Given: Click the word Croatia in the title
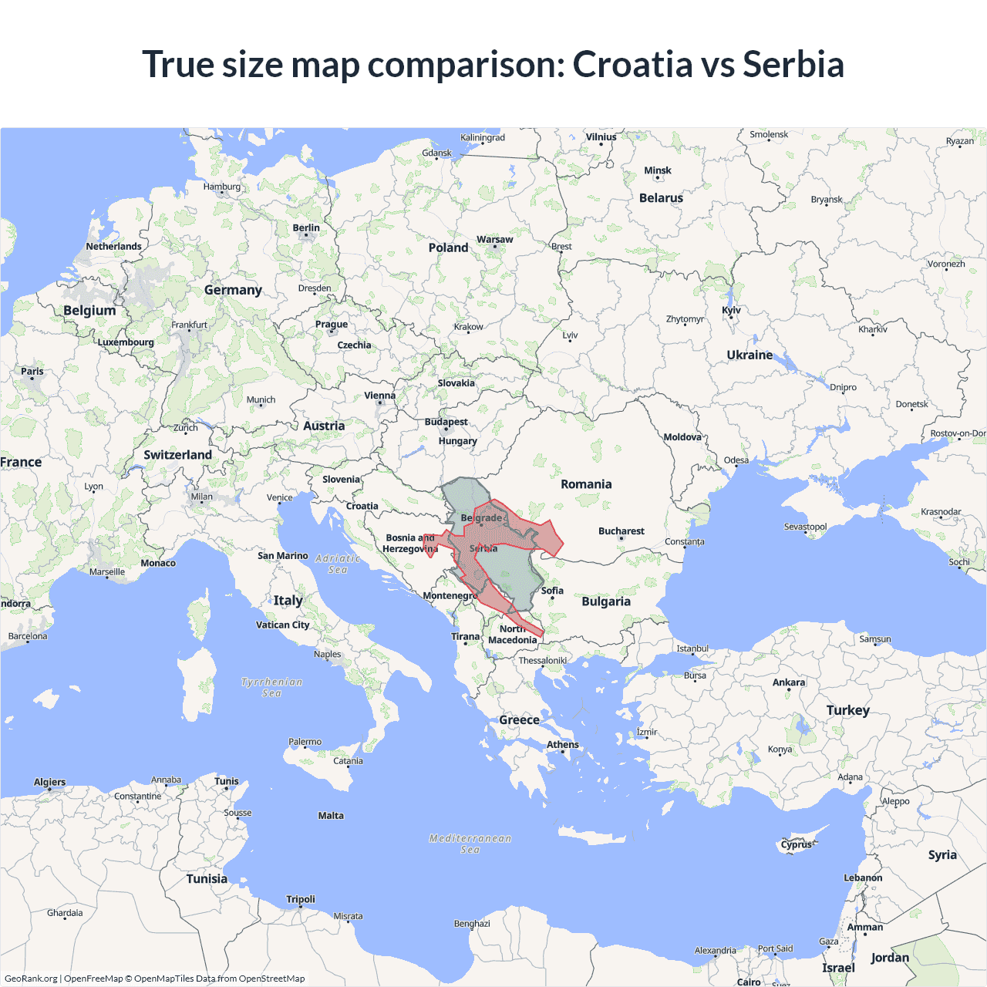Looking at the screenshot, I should (x=632, y=65).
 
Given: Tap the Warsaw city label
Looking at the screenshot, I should (x=494, y=240).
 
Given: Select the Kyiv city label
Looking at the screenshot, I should (x=731, y=311).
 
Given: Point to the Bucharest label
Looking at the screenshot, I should (x=621, y=531).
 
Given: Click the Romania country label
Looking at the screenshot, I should (x=586, y=484).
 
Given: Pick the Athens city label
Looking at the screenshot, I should (x=562, y=745).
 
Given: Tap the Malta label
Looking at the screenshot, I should (x=331, y=816).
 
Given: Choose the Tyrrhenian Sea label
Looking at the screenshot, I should (x=271, y=687).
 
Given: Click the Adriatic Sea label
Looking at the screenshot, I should (x=338, y=564).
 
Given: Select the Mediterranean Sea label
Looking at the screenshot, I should (x=470, y=844).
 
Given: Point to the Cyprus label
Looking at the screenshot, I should (x=796, y=844).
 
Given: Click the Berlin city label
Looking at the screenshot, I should (x=306, y=228).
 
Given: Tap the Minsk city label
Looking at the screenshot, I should (x=657, y=171).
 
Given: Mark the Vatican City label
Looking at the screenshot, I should (x=282, y=625).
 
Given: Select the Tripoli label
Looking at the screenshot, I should (x=301, y=900).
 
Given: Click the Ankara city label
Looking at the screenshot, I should (x=788, y=682).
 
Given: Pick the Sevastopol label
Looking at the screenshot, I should (x=805, y=527).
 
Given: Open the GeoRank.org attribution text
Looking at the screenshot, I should (x=31, y=979).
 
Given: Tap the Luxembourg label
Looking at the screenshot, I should (x=126, y=342).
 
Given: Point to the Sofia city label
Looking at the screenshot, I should (x=552, y=591).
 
